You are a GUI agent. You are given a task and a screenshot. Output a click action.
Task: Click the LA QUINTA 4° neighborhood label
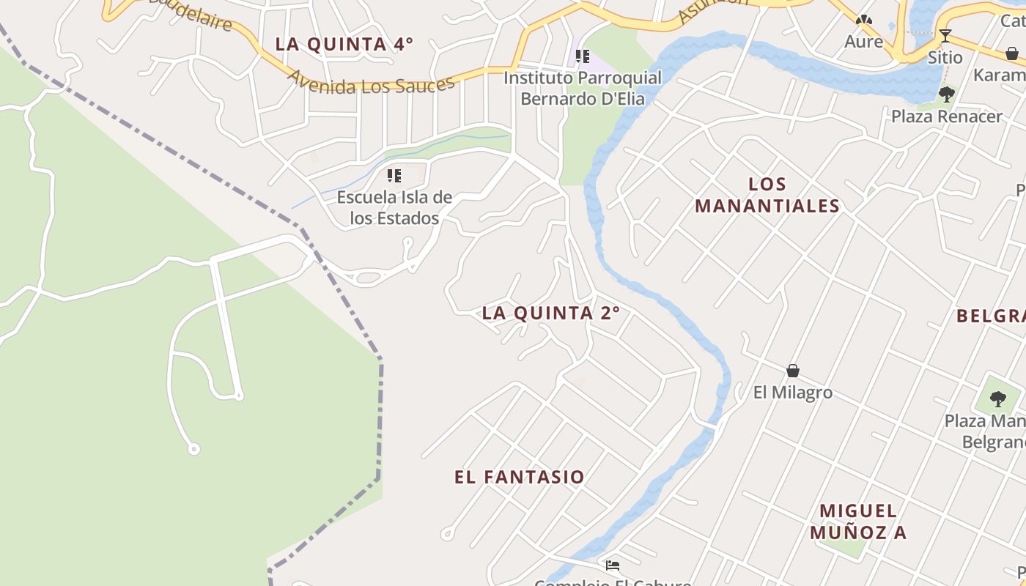pos(344,44)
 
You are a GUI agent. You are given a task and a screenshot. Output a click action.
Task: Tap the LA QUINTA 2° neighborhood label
pos(551,314)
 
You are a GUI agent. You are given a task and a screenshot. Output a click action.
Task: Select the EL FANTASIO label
pos(520,478)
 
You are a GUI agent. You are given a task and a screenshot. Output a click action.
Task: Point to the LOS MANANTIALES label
pos(767,195)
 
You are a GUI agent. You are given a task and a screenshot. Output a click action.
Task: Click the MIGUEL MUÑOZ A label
pos(857,522)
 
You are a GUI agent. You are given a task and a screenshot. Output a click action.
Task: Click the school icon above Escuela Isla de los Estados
pos(394,176)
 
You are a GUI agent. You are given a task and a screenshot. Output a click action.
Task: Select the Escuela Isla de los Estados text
pos(394,207)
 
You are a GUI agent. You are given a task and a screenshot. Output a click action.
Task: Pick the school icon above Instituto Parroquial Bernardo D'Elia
pos(583,56)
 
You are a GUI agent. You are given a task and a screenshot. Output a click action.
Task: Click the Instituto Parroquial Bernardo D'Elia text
pos(583,88)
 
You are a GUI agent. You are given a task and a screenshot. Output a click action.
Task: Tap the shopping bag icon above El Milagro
pos(792,371)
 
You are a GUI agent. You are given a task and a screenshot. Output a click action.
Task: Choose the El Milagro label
pos(793,393)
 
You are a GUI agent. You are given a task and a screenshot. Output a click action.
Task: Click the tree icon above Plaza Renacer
pos(946,94)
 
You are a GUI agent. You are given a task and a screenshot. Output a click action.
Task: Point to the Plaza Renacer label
pos(947,116)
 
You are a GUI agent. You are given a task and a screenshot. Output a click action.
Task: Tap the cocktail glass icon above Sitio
pos(945,35)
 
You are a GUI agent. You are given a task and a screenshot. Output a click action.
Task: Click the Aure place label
pos(864,41)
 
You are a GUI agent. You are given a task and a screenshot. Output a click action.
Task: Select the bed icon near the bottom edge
pos(613,565)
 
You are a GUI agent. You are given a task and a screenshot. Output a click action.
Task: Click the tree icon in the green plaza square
pos(997,398)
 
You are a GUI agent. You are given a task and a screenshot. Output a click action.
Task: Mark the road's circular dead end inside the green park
pos(193,449)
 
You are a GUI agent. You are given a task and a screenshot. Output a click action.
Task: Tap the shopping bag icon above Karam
pos(1012,53)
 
